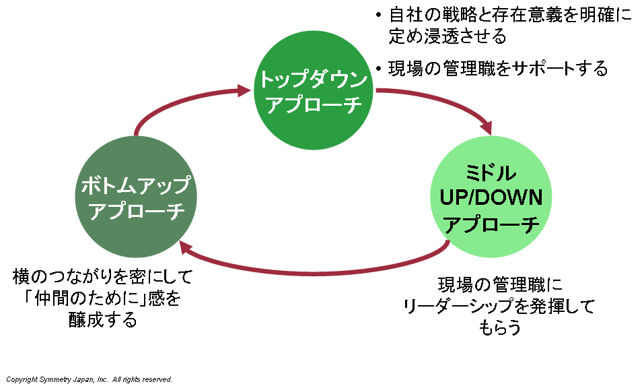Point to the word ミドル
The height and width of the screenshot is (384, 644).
491,174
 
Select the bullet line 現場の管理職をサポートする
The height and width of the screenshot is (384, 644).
498,68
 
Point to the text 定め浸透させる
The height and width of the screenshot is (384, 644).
447,35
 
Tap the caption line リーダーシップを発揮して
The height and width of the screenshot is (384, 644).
499,307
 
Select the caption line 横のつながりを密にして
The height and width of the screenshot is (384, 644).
103,276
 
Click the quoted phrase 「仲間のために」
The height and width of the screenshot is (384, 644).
73,298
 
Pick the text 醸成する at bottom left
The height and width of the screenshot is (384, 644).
103,319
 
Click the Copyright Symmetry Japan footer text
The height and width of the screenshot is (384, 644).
90,379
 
